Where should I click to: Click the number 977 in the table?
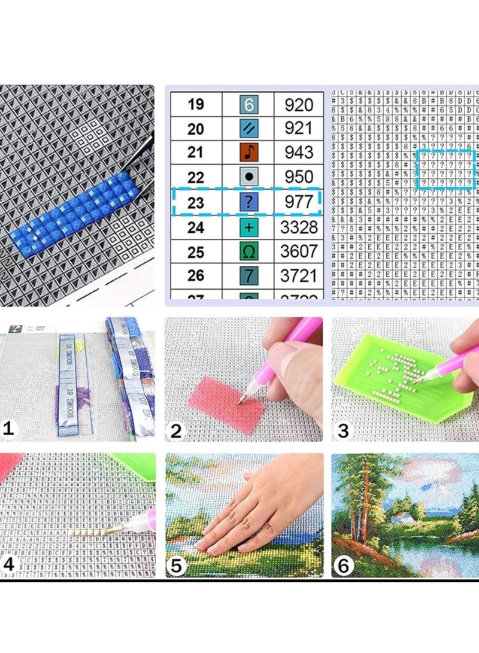298,202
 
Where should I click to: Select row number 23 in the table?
195,202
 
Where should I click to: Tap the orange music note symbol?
248,153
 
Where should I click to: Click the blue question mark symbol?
248,202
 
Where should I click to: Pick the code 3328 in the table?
298,227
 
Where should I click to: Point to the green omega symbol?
248,251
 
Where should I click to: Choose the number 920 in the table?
298,105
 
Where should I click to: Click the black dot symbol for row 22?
248,177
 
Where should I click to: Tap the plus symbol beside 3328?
248,227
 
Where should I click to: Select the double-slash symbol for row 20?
248,128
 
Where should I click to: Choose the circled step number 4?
8,564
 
